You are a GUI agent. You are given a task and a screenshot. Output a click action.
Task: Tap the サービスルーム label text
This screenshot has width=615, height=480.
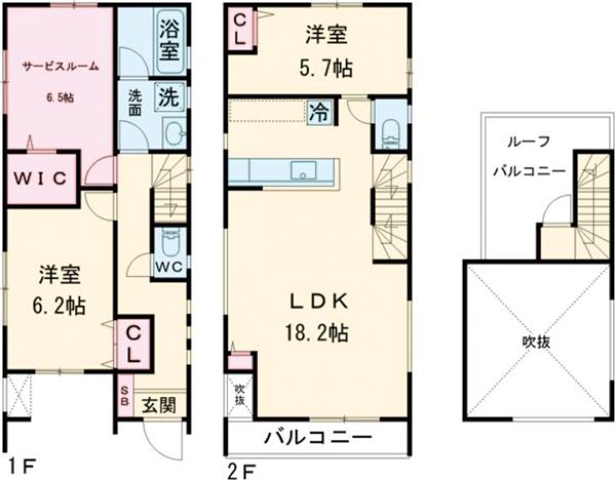(59, 66)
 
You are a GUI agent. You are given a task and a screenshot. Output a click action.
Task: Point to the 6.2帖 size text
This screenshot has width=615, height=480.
(59, 304)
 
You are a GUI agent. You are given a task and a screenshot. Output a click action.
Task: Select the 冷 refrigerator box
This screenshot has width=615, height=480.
(318, 112)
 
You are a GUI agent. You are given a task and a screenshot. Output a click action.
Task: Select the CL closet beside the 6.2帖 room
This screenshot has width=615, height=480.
(132, 341)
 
